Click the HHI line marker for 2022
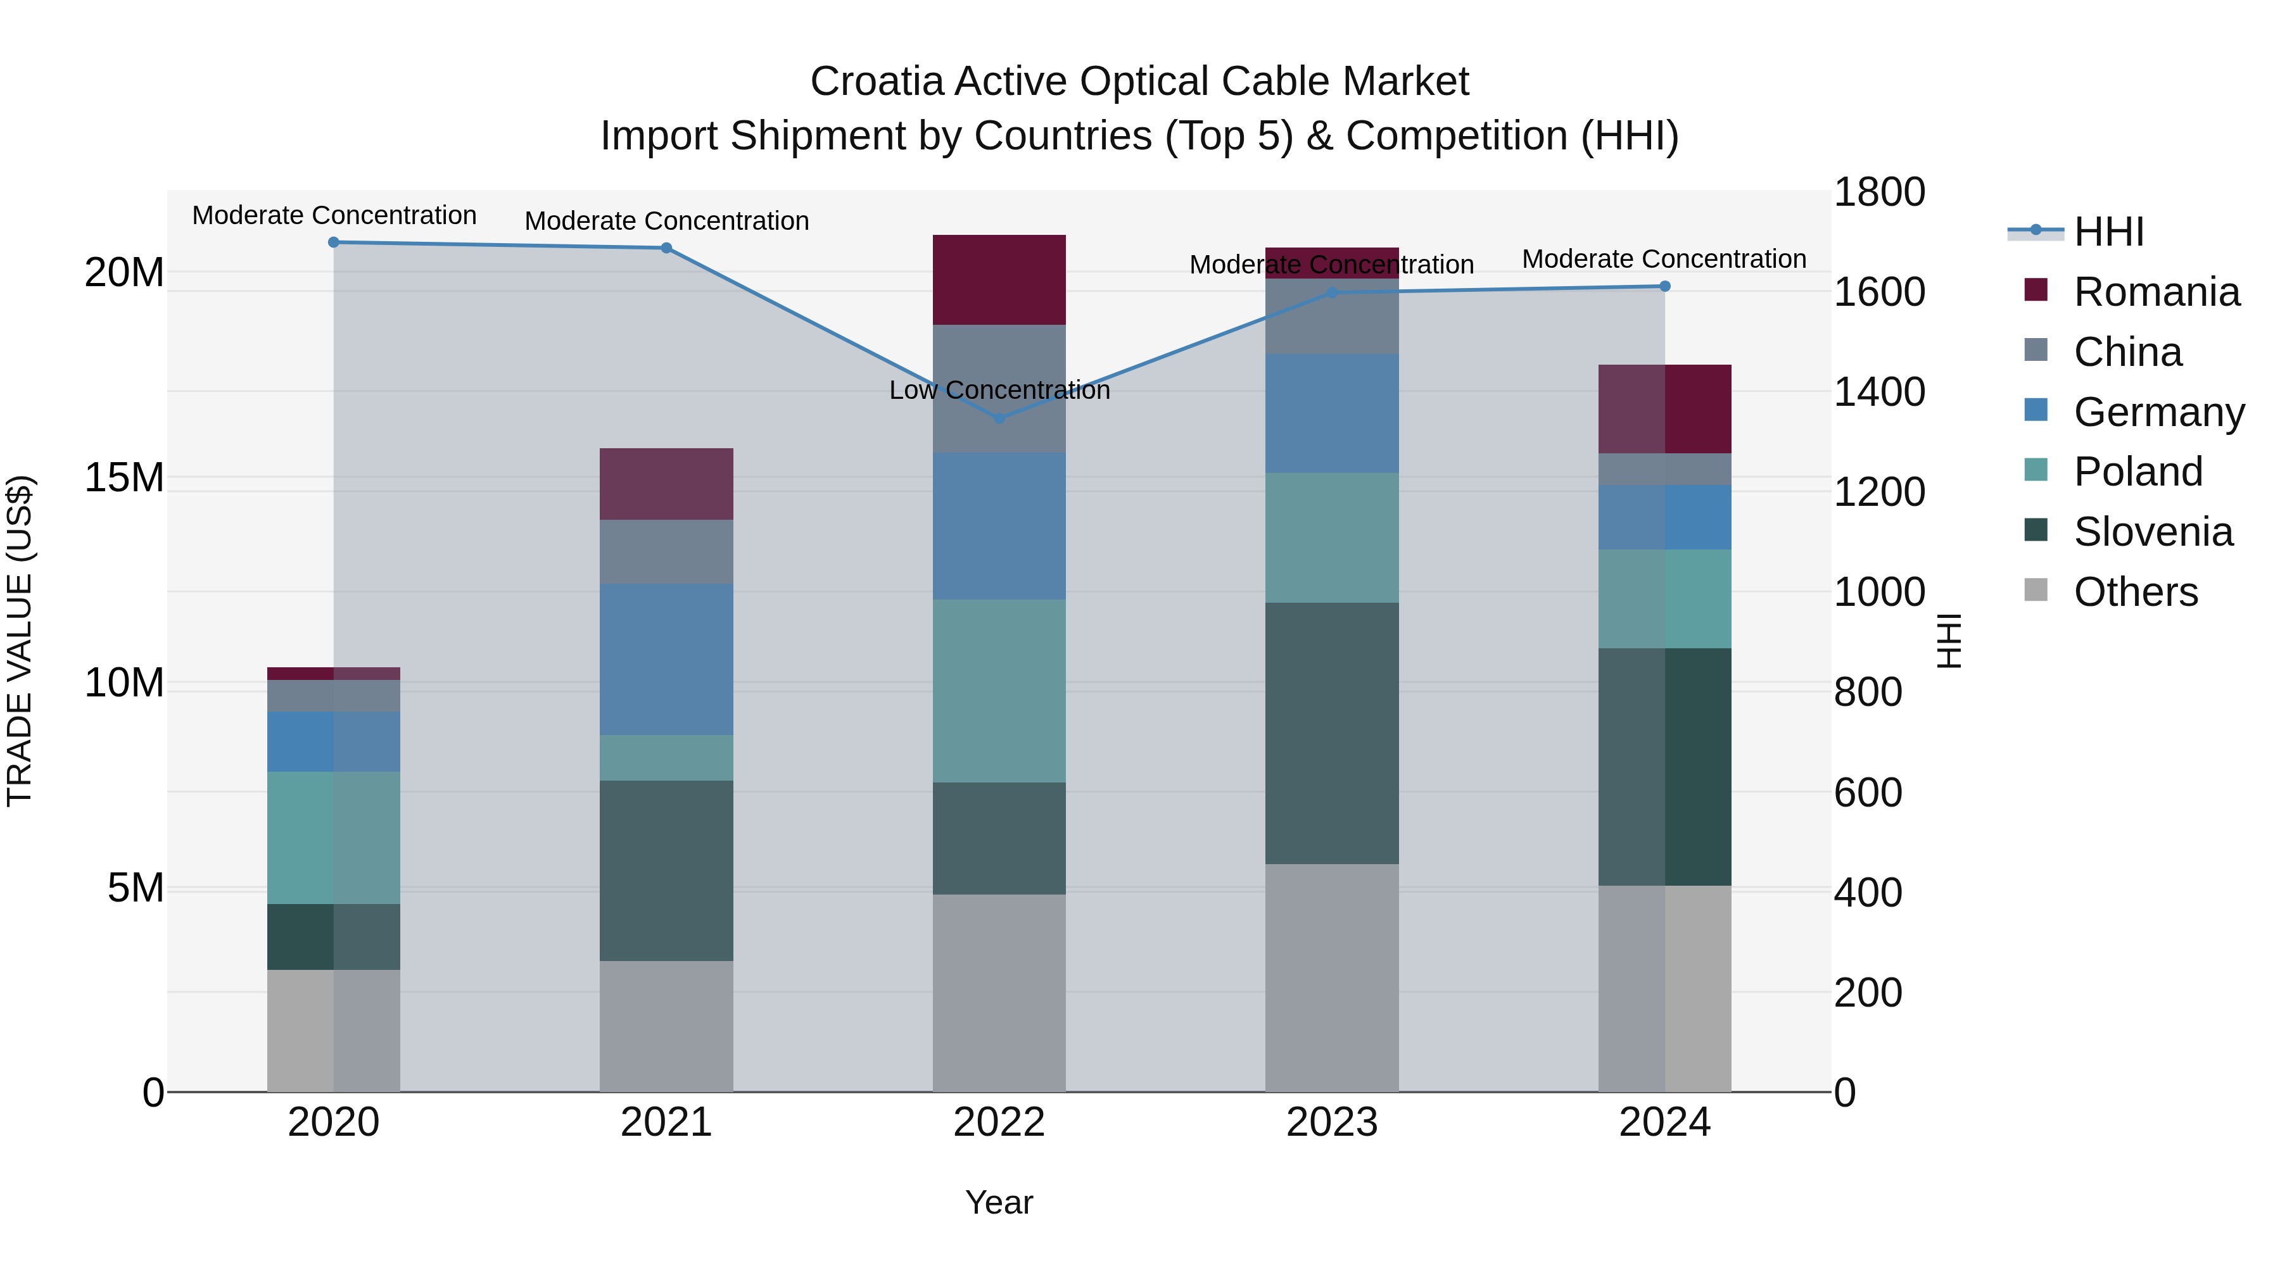[999, 418]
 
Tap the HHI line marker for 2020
[334, 242]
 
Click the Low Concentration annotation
[999, 390]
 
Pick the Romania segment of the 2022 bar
[999, 280]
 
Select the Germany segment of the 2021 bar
[666, 658]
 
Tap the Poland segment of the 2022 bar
[999, 690]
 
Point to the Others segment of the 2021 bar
[666, 1026]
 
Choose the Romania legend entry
[2155, 292]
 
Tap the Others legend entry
[2135, 592]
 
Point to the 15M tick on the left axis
[124, 478]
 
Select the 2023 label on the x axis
[1331, 1122]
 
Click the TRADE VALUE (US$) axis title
[20, 641]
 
